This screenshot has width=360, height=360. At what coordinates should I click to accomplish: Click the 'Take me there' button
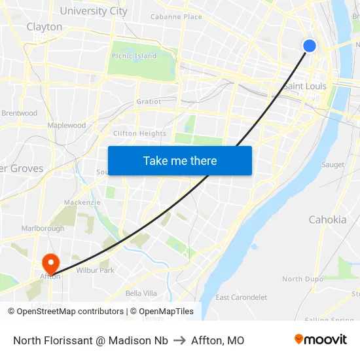(180, 160)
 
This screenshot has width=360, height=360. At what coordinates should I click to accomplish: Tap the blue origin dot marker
(310, 45)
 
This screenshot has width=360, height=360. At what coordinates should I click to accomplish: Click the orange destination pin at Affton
(50, 263)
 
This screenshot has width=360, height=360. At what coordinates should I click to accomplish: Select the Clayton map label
(45, 27)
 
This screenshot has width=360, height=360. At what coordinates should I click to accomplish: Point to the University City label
(94, 10)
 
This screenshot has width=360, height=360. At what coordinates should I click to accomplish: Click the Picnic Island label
(134, 56)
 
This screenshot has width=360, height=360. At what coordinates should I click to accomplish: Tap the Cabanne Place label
(176, 16)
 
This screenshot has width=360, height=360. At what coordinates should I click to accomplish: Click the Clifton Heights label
(139, 134)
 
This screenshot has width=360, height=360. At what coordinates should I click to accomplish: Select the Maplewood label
(66, 125)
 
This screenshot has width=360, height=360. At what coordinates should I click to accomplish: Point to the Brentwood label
(20, 113)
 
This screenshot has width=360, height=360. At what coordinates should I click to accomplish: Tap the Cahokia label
(327, 219)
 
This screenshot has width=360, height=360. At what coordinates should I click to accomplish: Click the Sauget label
(333, 164)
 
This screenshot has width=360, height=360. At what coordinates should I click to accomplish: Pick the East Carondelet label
(241, 297)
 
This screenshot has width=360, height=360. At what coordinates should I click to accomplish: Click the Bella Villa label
(141, 293)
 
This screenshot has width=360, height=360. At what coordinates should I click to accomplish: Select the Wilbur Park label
(95, 270)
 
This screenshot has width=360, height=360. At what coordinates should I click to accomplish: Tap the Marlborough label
(43, 228)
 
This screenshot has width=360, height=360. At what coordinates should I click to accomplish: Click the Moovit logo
(320, 340)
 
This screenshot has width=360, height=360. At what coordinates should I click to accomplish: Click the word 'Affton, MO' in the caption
(217, 340)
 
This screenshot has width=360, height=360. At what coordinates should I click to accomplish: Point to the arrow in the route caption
(179, 340)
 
